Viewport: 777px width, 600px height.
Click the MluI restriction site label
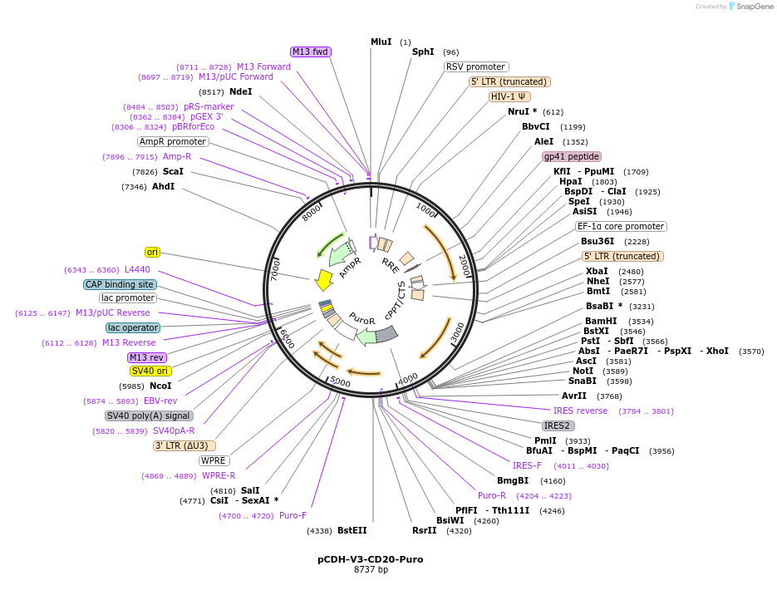click(381, 42)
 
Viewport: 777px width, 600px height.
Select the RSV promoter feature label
click(476, 66)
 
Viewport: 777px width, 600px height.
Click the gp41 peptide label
click(572, 156)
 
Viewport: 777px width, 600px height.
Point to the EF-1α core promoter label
click(621, 226)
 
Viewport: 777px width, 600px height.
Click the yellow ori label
click(152, 252)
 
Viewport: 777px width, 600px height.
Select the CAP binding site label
click(120, 284)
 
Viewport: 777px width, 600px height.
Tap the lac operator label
click(133, 327)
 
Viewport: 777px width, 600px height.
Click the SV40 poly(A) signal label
click(150, 416)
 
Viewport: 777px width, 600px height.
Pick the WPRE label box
click(214, 460)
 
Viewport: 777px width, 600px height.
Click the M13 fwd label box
click(311, 52)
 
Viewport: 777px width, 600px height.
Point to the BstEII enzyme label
click(352, 530)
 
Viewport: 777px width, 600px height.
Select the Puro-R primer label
click(492, 495)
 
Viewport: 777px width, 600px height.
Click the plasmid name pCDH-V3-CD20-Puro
click(371, 559)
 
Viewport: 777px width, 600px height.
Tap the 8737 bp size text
click(371, 570)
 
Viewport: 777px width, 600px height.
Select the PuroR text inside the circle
click(362, 318)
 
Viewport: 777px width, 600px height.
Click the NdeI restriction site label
click(240, 91)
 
